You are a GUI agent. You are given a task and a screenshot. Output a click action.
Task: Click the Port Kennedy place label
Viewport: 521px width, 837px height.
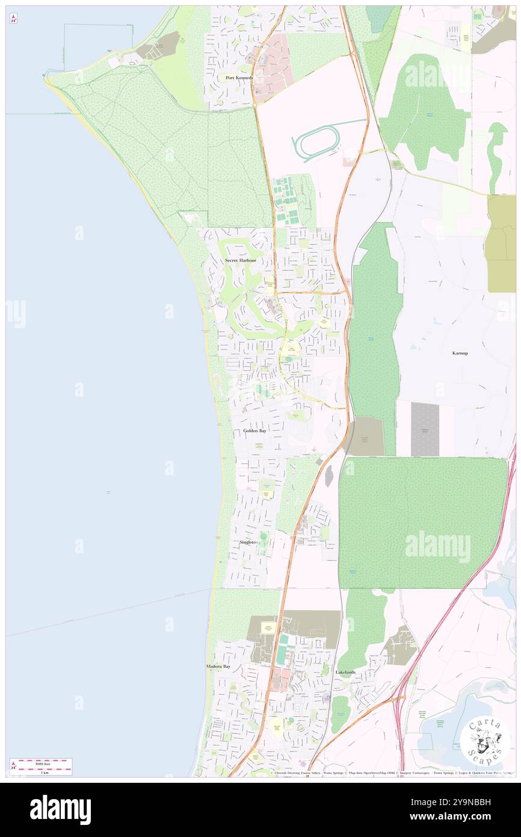(x=239, y=78)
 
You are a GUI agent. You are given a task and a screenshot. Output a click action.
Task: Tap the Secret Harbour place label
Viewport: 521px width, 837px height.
(x=240, y=260)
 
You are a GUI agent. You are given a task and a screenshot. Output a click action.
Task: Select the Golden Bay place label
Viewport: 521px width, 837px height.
(x=254, y=431)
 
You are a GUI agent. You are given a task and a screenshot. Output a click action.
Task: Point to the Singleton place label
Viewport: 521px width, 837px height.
(x=249, y=543)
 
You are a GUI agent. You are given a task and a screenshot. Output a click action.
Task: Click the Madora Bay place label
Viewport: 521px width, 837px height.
(x=218, y=667)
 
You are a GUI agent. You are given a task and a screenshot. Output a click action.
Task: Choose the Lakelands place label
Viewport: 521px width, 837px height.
(x=345, y=672)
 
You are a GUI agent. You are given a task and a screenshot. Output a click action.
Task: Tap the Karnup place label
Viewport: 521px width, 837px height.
(x=460, y=353)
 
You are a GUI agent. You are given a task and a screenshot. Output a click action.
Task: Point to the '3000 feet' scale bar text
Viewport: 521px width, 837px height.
(x=40, y=763)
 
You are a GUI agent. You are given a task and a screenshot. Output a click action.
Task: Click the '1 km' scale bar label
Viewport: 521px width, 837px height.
(x=40, y=773)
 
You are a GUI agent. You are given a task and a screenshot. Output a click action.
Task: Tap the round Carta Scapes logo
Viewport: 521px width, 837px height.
(x=485, y=741)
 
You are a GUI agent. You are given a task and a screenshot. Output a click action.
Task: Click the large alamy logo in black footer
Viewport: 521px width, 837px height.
(x=60, y=809)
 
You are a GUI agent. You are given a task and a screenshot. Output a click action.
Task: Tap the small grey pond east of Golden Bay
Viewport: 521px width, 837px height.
(x=328, y=476)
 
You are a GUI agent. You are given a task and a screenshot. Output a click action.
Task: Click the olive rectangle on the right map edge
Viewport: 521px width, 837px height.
(x=501, y=243)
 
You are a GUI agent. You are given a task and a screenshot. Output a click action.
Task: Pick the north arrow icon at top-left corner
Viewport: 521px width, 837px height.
(x=13, y=19)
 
